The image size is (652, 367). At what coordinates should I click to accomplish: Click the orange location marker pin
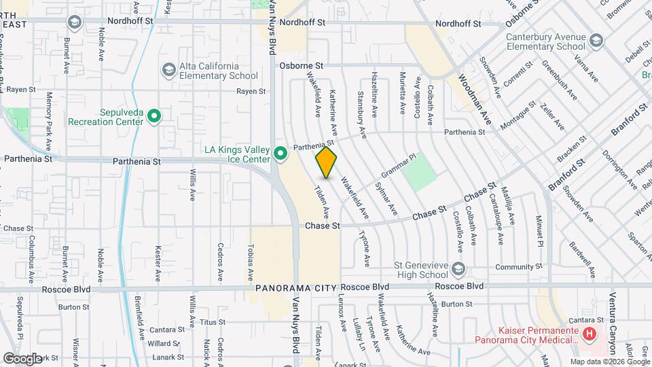[x=326, y=162]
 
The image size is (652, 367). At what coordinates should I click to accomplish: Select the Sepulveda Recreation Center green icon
[x=154, y=116]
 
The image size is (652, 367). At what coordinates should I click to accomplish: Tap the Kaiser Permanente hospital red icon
[x=590, y=334]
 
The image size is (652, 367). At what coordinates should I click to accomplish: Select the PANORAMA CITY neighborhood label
[x=295, y=288]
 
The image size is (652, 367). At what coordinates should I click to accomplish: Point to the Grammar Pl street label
[x=398, y=166]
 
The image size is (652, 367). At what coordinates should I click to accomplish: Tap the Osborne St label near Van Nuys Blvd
[x=302, y=66]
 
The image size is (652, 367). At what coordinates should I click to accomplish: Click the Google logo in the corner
[x=22, y=358]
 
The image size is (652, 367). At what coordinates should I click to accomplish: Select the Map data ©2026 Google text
[x=609, y=362]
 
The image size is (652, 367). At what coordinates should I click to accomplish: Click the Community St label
[x=520, y=267]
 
